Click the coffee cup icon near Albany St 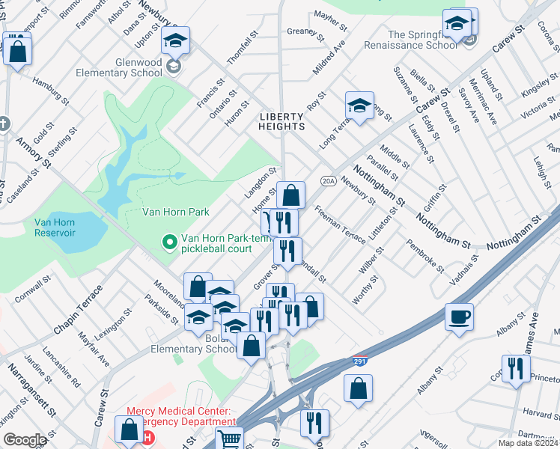(x=460, y=316)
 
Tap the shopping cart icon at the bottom (x=229, y=439)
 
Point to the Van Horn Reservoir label (x=55, y=227)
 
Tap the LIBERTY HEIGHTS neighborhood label (x=281, y=122)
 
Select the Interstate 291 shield (x=359, y=362)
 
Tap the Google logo (x=25, y=440)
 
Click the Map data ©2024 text (x=528, y=443)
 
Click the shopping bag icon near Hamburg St (x=17, y=51)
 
